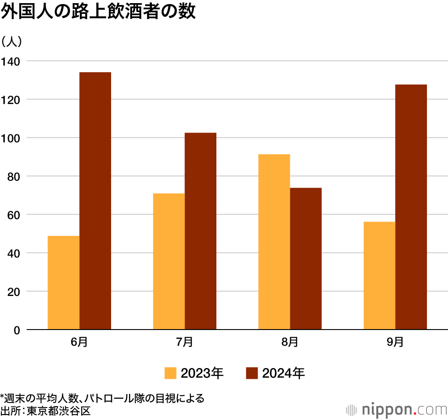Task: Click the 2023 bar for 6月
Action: [64, 283]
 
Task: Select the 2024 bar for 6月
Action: [95, 201]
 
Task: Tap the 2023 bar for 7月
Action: [169, 261]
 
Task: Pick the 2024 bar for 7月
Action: [200, 231]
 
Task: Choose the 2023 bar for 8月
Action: [274, 242]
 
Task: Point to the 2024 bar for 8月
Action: [306, 258]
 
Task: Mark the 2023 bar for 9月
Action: [379, 275]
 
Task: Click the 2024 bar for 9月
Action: [411, 207]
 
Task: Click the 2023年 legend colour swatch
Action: [170, 373]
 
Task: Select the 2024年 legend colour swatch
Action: [252, 373]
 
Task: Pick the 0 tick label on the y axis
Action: [17, 330]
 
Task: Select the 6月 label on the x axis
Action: [79, 343]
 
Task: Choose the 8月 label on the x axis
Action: [290, 343]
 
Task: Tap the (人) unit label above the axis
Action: [14, 42]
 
